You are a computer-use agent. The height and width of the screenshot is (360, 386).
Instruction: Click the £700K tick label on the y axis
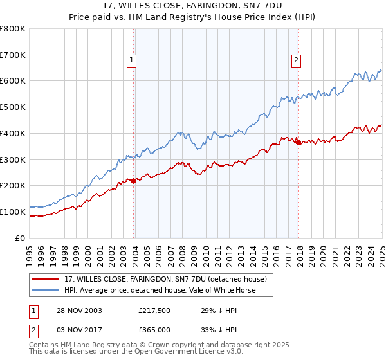pyautogui.click(x=14, y=55)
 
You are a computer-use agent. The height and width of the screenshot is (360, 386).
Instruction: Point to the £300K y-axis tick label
pyautogui.click(x=14, y=159)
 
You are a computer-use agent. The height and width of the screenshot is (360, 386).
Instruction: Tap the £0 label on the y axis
pyautogui.click(x=21, y=238)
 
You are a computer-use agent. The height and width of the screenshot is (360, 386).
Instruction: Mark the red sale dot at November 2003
pyautogui.click(x=134, y=181)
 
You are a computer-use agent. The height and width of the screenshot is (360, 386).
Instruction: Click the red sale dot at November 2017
pyautogui.click(x=298, y=142)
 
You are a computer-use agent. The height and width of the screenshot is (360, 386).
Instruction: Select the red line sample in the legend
pyautogui.click(x=46, y=278)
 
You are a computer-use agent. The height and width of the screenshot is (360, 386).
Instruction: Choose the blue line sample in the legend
pyautogui.click(x=46, y=290)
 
